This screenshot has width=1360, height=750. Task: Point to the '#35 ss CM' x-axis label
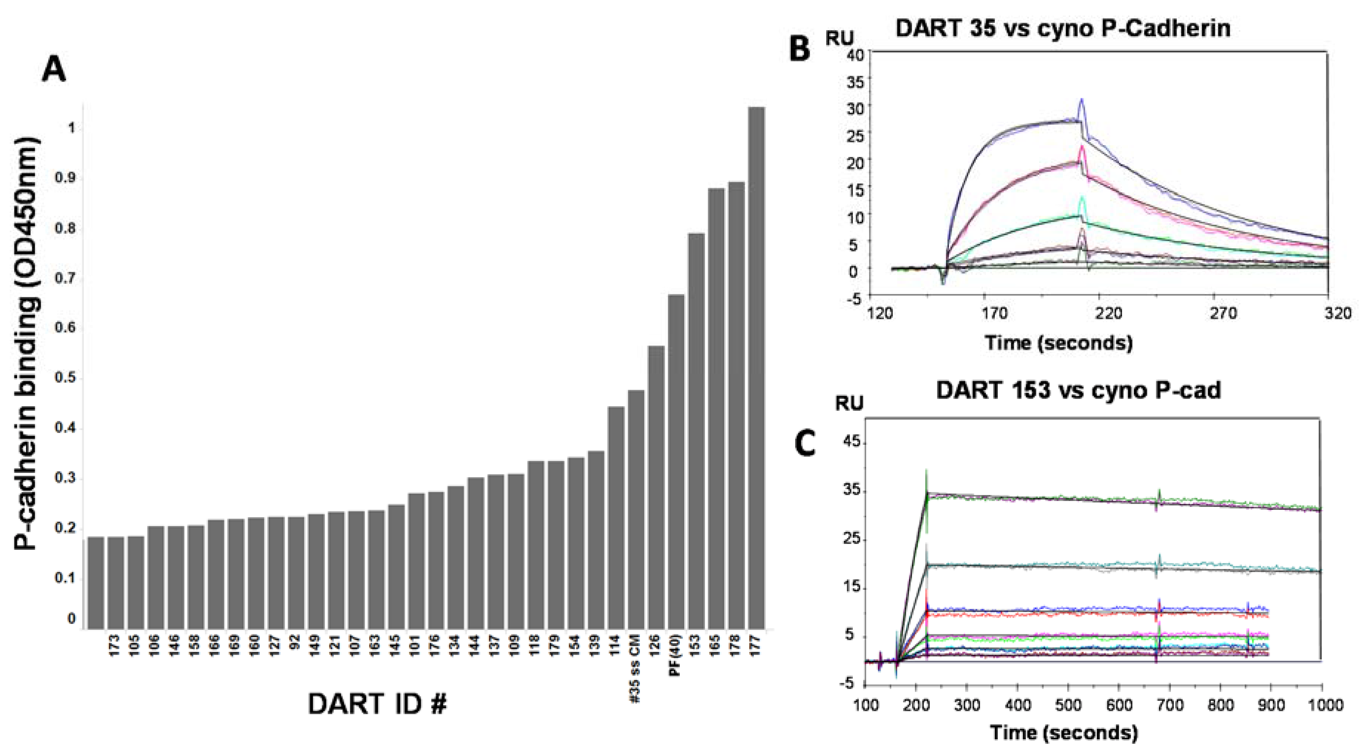636,667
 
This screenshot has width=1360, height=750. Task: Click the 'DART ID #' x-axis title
377,704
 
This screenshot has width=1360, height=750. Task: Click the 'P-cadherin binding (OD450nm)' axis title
26,343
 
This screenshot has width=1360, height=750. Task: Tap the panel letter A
54,70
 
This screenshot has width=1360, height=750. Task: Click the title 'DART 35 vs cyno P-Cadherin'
1063,27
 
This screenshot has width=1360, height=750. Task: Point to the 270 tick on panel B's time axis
1223,314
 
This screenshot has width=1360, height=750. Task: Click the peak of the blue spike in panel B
1081,99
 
